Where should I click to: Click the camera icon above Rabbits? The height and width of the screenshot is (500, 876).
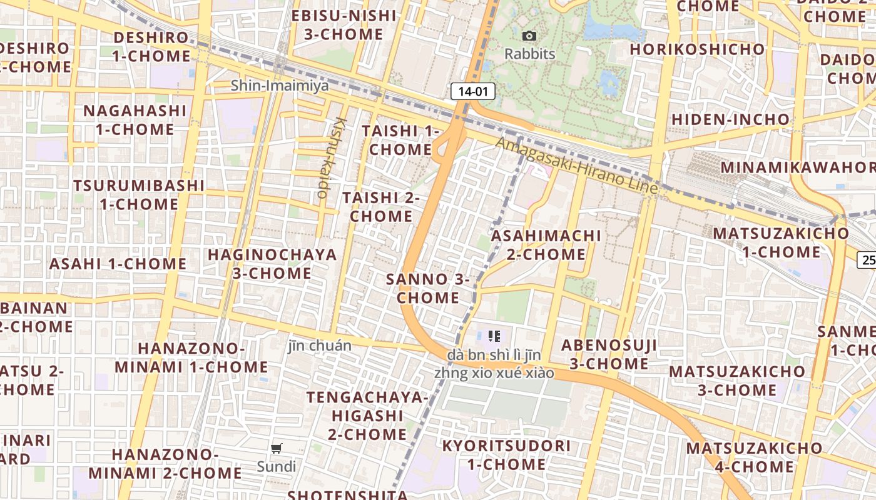tap(529, 36)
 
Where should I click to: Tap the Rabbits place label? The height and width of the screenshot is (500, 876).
tap(530, 54)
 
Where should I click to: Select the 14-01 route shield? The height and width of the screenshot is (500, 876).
tap(473, 92)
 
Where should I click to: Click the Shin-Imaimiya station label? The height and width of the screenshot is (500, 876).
tap(280, 86)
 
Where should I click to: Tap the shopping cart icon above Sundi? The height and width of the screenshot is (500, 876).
tap(277, 448)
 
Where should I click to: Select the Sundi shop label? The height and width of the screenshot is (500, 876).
tap(277, 466)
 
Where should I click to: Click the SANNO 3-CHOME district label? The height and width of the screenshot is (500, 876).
tap(428, 288)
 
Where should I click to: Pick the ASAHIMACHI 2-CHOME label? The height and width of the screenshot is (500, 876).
tap(546, 245)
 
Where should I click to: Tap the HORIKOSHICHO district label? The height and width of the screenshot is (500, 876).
tap(697, 49)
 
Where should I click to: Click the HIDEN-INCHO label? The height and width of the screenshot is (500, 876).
tap(730, 119)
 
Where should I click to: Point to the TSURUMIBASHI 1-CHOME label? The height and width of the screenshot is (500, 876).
tap(139, 195)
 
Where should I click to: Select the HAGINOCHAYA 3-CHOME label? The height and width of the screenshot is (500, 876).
tap(272, 264)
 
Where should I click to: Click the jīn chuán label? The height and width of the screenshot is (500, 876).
tap(320, 346)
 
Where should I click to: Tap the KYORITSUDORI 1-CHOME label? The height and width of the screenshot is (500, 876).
tap(506, 455)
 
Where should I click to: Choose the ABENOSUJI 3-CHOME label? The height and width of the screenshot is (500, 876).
tap(609, 354)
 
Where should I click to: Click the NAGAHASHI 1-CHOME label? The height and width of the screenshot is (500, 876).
tap(135, 120)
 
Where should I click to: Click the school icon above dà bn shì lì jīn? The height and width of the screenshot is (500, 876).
tap(494, 336)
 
